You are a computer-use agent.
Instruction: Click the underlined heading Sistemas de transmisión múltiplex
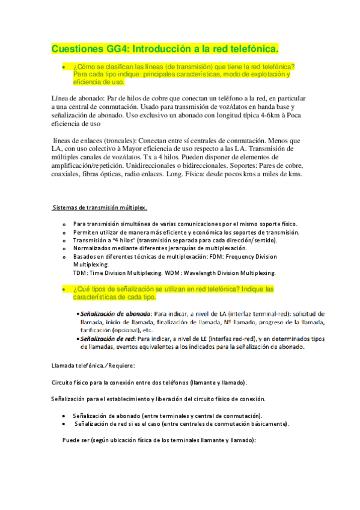(x=99, y=208)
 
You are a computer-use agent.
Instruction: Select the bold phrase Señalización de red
(x=108, y=339)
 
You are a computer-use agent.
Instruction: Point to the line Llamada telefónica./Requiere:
(x=94, y=365)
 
